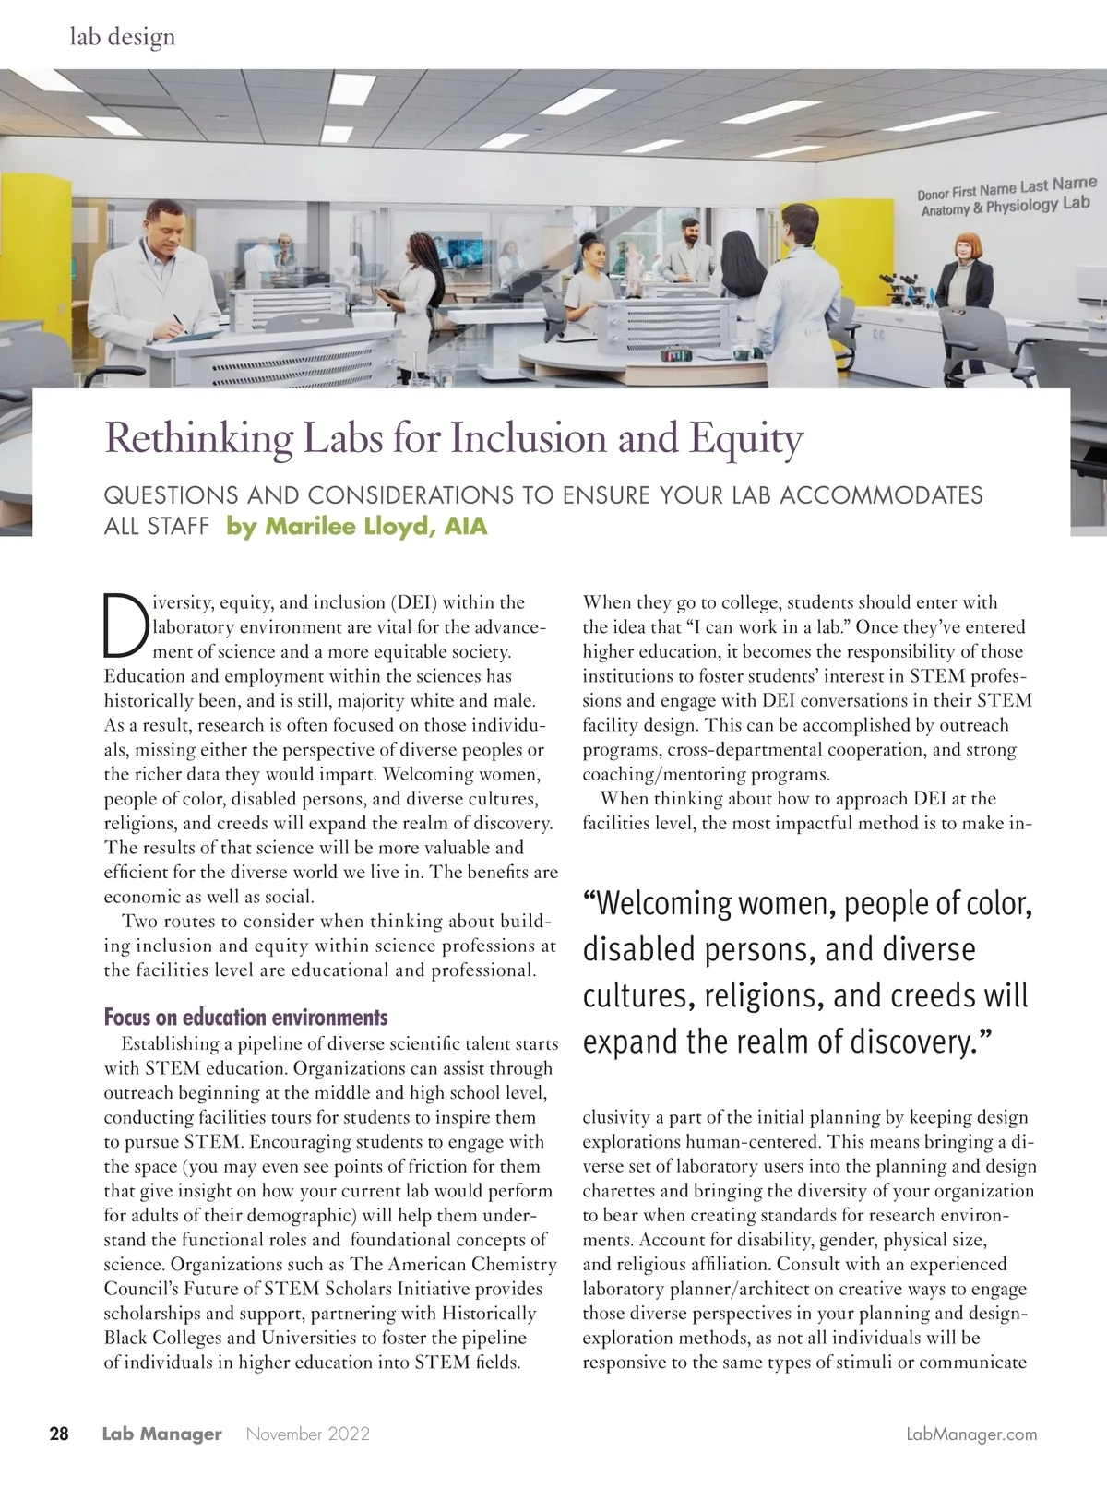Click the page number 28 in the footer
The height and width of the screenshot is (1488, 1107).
[x=58, y=1434]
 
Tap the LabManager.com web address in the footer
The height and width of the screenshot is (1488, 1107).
[x=971, y=1434]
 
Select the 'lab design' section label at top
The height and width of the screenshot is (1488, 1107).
[x=122, y=37]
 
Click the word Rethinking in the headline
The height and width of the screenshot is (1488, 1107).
[x=191, y=439]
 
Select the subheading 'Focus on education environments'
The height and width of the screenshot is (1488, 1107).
[x=245, y=1018]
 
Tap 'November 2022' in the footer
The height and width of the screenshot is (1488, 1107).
[x=308, y=1434]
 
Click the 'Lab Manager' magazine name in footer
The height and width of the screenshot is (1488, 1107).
[x=161, y=1434]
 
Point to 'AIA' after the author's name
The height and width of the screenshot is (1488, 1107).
[x=465, y=527]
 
